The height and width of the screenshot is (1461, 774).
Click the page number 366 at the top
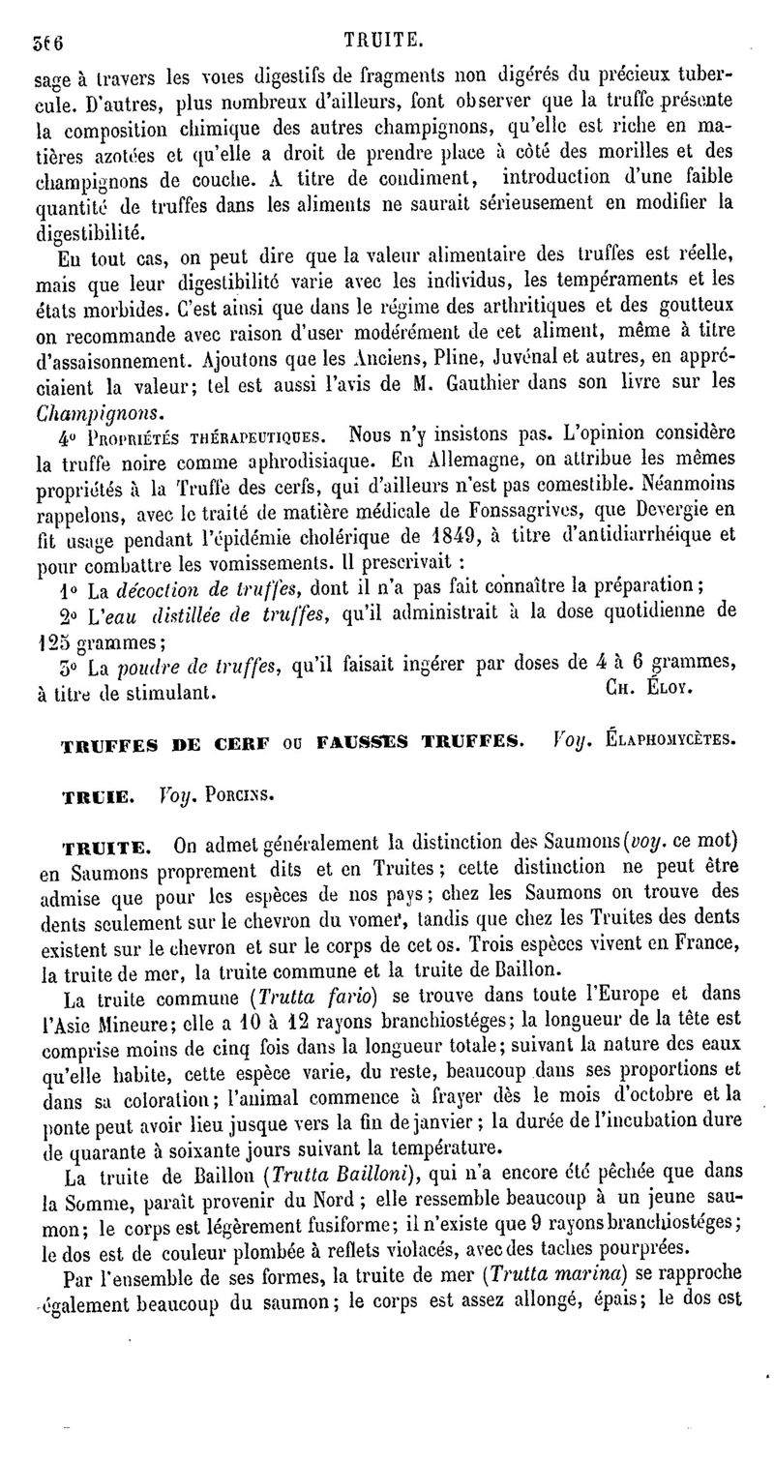[x=42, y=42]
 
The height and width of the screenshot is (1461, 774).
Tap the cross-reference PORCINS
[x=235, y=797]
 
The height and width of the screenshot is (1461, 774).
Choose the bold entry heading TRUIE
[x=97, y=797]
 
